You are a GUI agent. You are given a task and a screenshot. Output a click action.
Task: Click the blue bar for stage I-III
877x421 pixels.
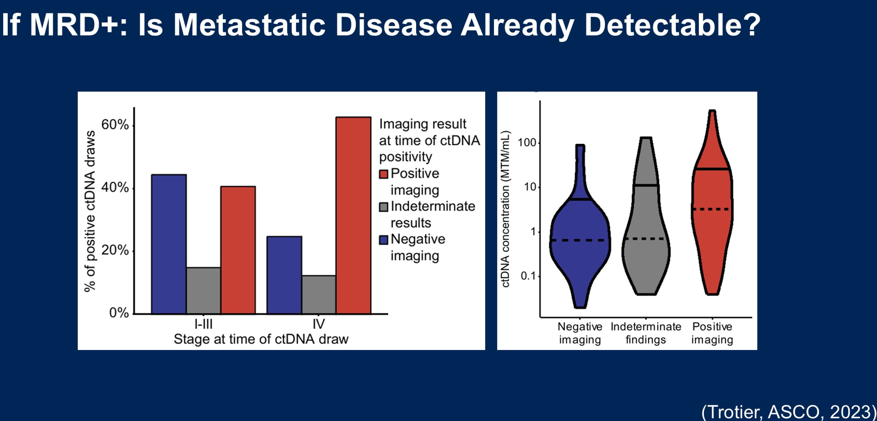pos(169,244)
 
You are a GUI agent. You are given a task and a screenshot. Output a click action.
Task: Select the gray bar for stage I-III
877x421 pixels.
pos(204,291)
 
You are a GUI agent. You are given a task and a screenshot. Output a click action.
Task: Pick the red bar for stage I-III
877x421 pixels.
pos(238,250)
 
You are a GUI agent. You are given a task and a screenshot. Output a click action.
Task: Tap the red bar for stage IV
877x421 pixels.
pos(353,215)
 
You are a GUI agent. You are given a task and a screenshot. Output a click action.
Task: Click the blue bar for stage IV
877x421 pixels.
pos(284,275)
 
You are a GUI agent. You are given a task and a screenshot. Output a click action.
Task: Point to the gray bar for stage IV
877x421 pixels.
pos(319,295)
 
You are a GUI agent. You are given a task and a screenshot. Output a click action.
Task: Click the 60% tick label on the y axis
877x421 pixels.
pos(115,125)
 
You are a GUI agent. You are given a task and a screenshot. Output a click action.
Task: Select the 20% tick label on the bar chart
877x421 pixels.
pos(115,250)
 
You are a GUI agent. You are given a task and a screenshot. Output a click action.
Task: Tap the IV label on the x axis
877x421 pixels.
pos(319,324)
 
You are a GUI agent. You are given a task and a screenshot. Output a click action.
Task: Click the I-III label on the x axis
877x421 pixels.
pos(204,324)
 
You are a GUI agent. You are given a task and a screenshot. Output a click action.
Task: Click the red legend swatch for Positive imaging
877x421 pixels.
pos(384,174)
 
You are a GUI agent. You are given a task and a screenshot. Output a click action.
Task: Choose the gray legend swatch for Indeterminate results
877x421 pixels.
pos(384,207)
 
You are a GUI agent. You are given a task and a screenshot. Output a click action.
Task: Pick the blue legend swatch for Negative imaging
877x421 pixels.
pos(384,240)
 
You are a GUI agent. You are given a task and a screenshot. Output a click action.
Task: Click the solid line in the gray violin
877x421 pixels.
pos(646,185)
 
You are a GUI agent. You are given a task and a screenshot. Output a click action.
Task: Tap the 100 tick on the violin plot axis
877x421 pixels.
pos(526,143)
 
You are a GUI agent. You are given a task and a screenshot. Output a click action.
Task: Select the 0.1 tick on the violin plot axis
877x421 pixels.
pos(529,276)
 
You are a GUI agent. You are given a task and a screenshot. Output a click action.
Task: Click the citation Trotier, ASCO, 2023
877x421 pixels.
pos(788,412)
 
